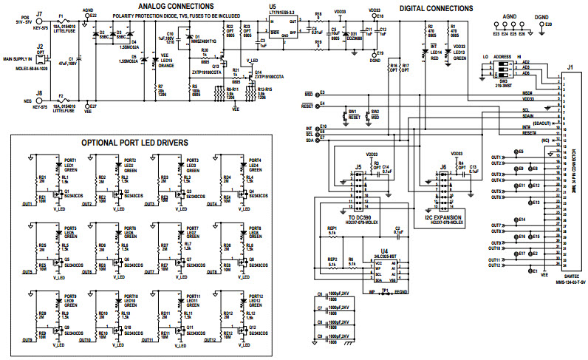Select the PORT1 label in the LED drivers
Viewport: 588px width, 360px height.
tap(70, 160)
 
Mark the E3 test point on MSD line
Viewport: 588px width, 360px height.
tap(316, 94)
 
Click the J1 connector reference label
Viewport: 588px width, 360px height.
tap(569, 68)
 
